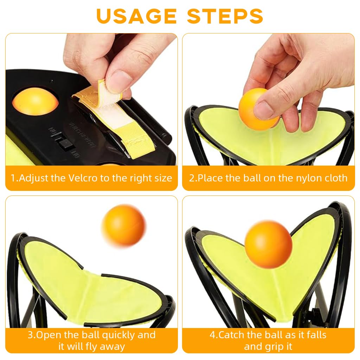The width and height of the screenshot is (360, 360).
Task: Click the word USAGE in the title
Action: tap(136, 16)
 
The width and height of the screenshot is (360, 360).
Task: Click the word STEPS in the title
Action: tap(225, 16)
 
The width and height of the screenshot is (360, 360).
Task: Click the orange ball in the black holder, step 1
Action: tap(35, 101)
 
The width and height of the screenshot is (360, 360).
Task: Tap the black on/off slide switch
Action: tap(66, 144)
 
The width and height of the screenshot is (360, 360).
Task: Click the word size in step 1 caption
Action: tap(163, 178)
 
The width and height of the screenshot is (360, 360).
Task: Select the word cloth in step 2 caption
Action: tap(336, 178)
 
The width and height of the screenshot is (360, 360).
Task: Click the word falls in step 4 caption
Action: tap(316, 335)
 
